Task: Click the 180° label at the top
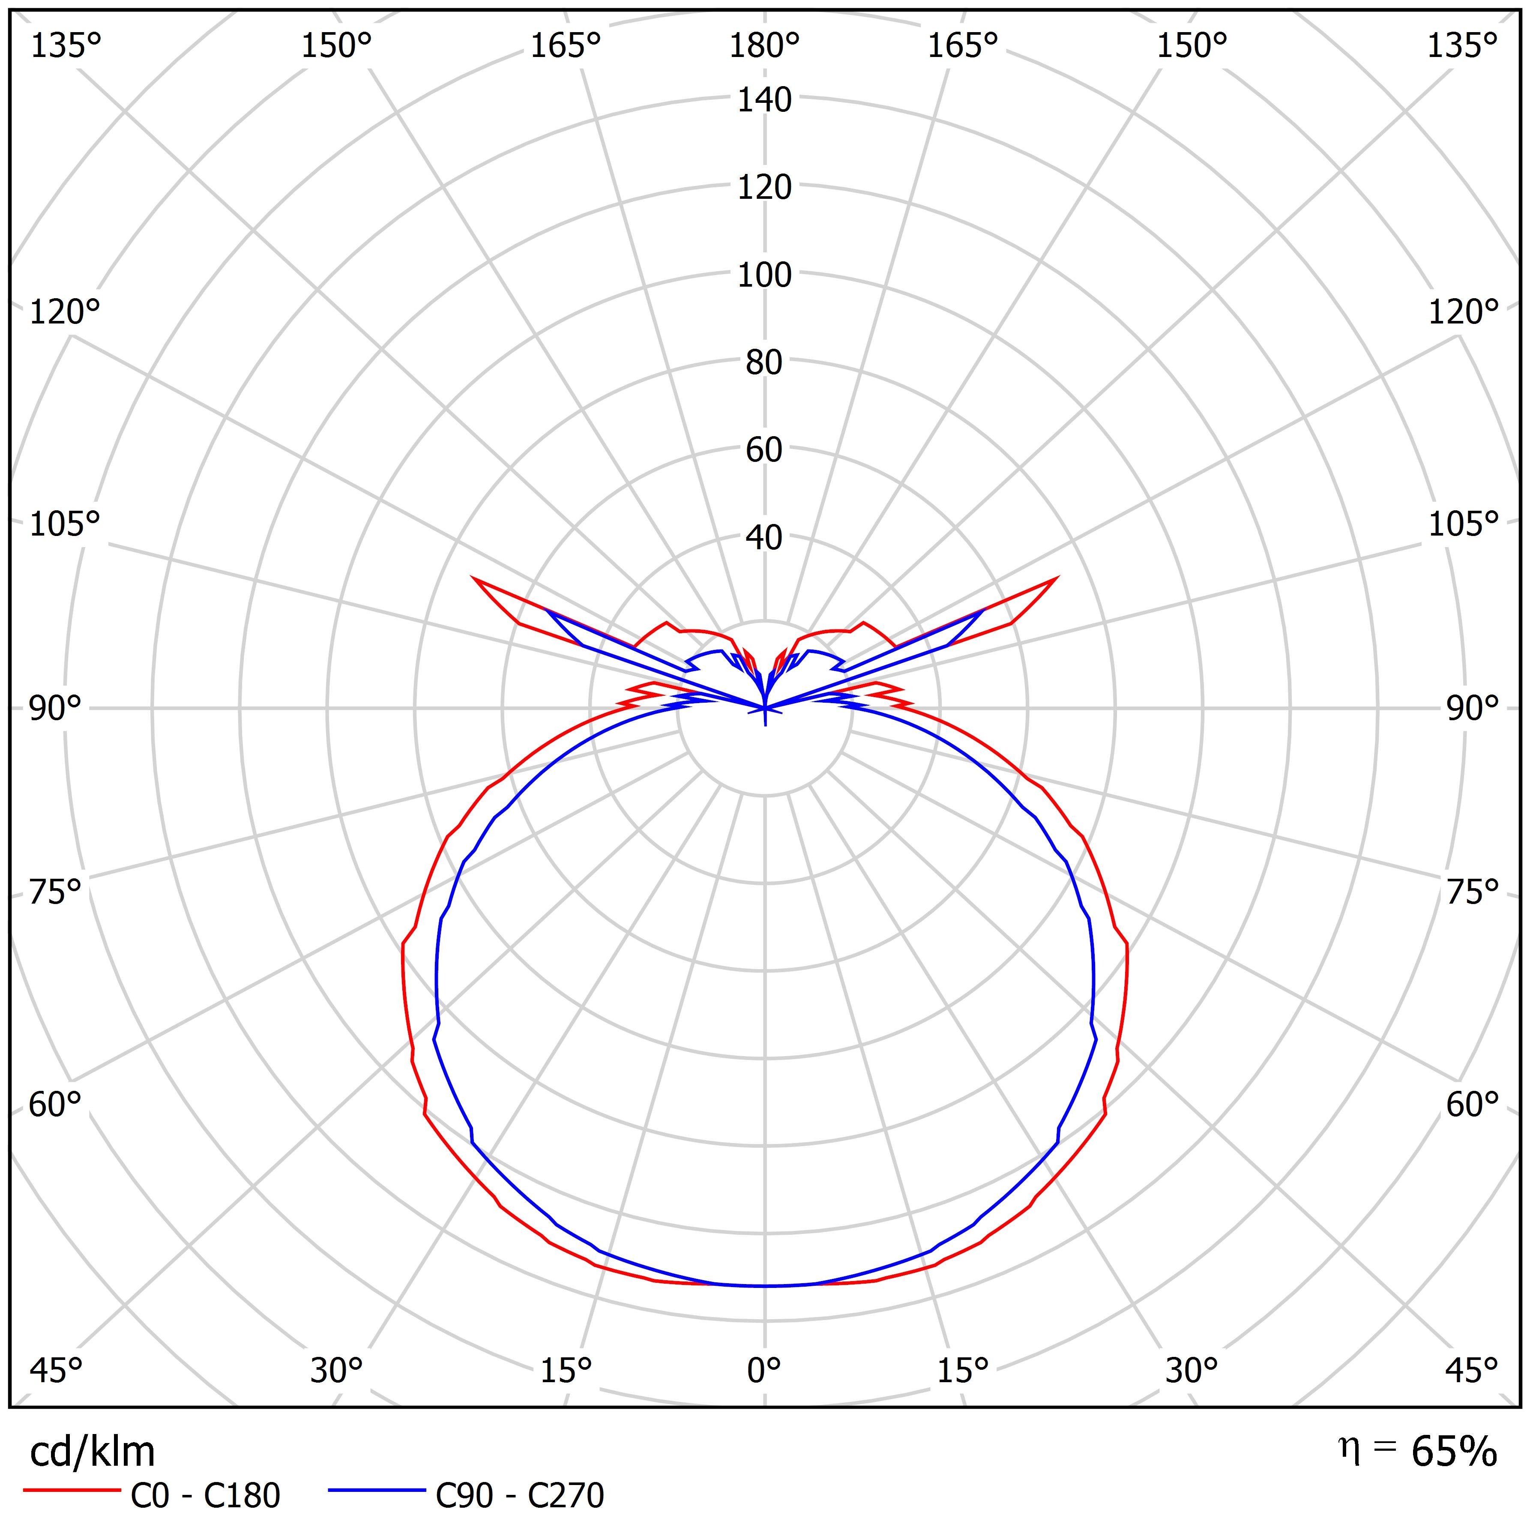[764, 47]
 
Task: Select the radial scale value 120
[764, 188]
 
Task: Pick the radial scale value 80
[764, 363]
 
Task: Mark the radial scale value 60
[764, 450]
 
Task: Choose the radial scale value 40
[764, 538]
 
